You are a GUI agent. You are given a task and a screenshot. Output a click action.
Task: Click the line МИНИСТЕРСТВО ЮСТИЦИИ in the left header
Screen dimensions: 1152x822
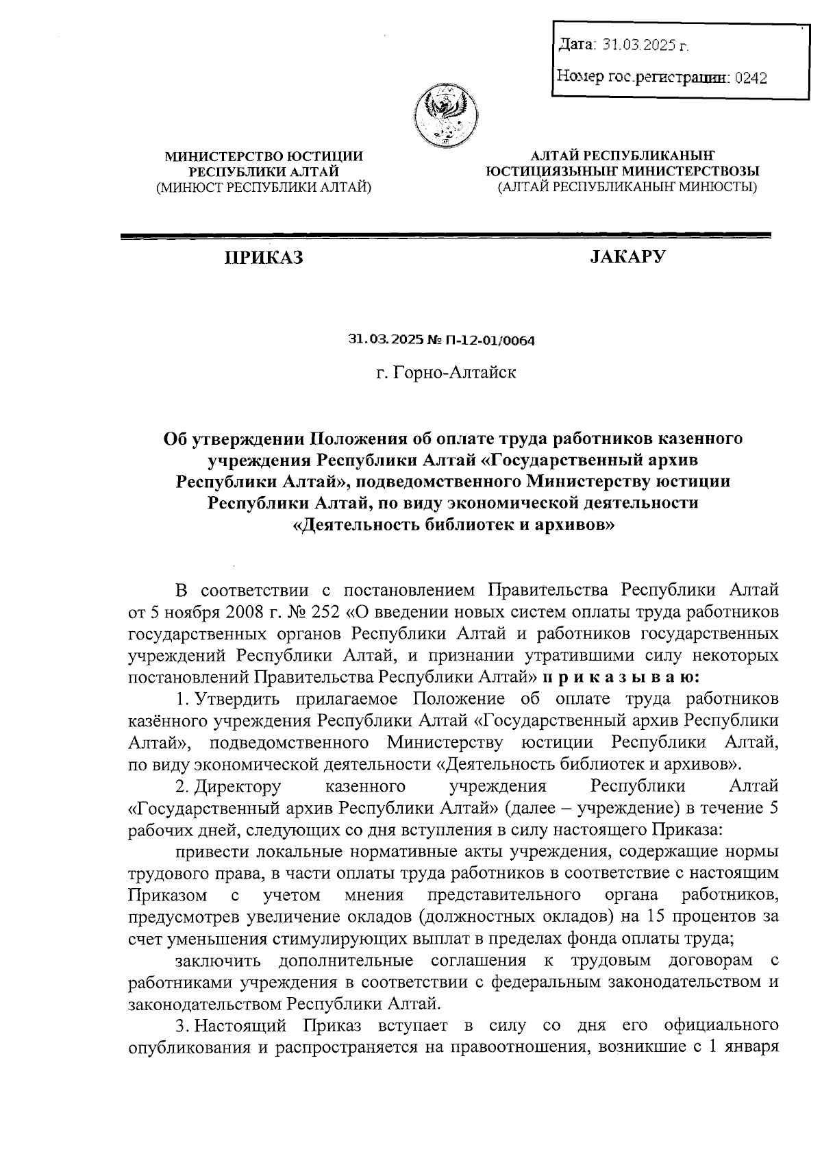pyautogui.click(x=264, y=157)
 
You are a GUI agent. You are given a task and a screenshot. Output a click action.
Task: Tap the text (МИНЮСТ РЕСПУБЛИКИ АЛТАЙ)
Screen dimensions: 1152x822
pyautogui.click(x=264, y=186)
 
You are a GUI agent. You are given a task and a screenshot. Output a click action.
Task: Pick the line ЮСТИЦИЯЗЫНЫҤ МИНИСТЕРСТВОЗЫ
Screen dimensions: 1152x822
pyautogui.click(x=622, y=171)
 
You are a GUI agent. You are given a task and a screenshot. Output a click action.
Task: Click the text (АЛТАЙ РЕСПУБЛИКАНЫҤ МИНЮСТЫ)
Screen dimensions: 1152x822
pyautogui.click(x=627, y=186)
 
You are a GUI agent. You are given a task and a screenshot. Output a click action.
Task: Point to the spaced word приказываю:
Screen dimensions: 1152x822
pyautogui.click(x=621, y=677)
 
